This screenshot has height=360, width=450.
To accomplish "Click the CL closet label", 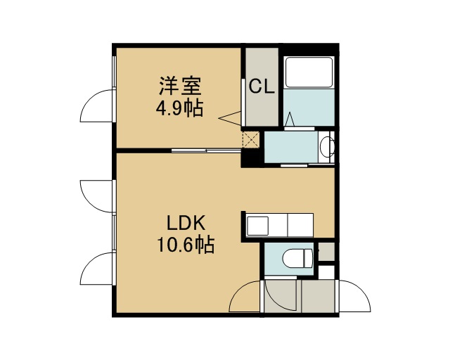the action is coord(262,86).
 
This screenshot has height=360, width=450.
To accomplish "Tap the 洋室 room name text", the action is coord(180,86).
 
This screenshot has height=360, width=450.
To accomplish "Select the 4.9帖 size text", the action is coord(180,108).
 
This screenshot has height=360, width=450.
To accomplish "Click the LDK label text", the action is coord(186,223).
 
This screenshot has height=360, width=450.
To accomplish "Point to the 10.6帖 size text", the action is coord(186,245).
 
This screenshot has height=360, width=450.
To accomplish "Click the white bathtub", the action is coord(309,72).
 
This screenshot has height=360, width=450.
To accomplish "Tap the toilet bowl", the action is coord(297,258).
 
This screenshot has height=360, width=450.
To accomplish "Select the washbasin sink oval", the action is coord(326,147).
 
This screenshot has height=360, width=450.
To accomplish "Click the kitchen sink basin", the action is coord(258,226).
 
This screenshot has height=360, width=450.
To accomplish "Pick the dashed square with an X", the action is coord(251,140).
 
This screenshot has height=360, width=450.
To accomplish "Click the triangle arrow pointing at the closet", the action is coord(230,118).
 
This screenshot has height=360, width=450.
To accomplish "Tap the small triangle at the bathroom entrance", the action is coord(290,119).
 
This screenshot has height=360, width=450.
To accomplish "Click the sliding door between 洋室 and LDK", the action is coord(206,150).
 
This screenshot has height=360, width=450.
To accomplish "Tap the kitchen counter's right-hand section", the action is coord(300,225).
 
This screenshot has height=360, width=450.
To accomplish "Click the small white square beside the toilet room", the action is coord(326,272).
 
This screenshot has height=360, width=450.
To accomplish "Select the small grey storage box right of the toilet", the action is coord(326,252).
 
